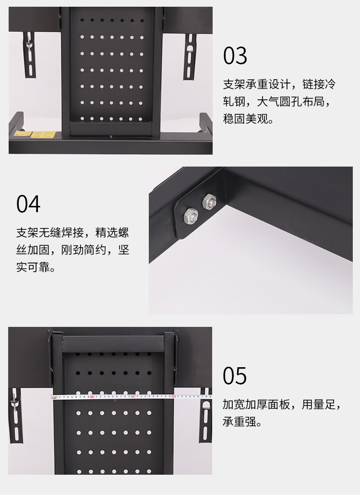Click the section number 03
235,56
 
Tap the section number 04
28,204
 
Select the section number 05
235,376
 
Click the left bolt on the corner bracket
191,216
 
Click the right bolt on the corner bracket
209,202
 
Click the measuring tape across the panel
132,397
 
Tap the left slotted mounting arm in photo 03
30,54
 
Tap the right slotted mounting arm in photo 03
190,57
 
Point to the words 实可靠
33,267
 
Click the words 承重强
240,422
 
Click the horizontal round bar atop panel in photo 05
113,344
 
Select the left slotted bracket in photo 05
15,415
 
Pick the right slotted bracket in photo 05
205,415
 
